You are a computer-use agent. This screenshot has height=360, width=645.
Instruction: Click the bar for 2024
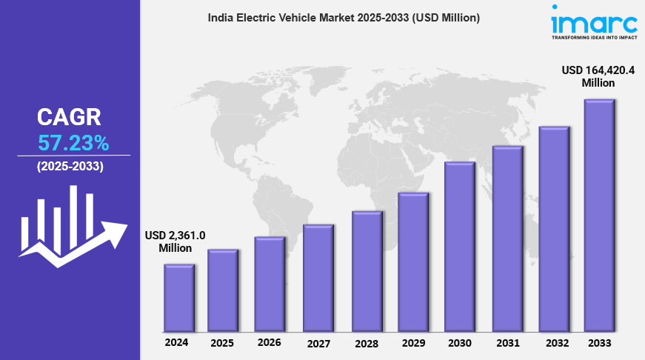178,298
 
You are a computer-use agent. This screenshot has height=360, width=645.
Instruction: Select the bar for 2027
318,278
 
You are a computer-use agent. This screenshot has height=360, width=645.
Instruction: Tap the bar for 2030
459,247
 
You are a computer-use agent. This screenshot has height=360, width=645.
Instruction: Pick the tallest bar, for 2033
599,216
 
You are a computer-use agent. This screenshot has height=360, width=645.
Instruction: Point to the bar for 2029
412,262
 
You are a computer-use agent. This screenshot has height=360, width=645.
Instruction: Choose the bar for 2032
553,229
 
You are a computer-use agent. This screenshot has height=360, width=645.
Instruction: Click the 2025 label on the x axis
222,344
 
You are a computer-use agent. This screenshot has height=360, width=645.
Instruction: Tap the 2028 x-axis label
367,344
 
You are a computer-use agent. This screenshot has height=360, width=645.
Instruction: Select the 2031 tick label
507,344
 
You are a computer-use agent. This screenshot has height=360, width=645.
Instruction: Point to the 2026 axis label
270,343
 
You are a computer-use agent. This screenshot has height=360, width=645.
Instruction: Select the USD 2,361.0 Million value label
176,241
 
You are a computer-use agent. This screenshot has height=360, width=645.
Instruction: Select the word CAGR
70,117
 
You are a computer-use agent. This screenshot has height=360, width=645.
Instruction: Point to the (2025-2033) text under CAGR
70,167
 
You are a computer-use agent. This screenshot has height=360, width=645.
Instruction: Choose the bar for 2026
270,284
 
